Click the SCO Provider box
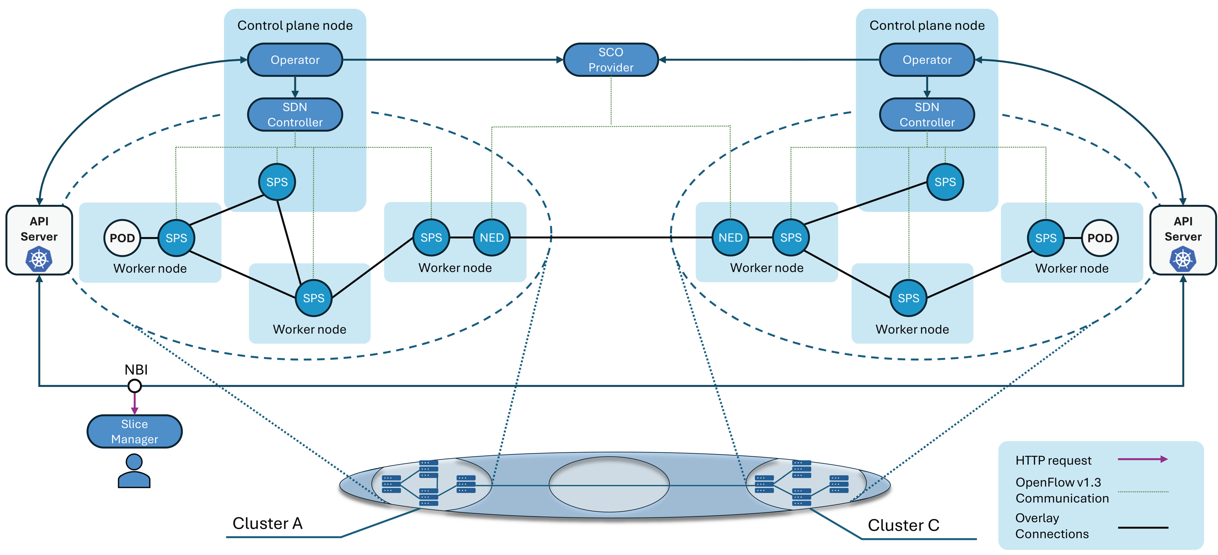611,60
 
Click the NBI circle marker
135,386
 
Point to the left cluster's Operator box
295,60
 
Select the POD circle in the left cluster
122,238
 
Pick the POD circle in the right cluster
1100,238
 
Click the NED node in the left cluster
492,237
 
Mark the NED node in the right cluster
731,237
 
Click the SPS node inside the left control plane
277,182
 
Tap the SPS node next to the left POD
176,238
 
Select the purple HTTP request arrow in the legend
1143,459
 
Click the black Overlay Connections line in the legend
1143,527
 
